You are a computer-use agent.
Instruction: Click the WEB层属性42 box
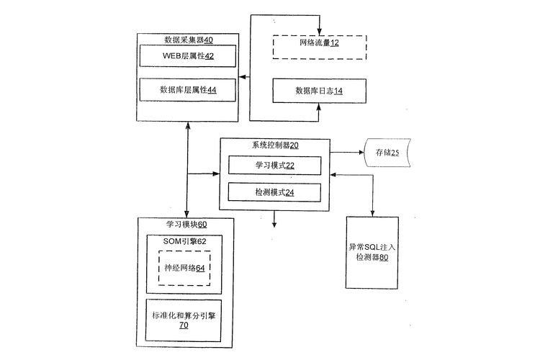pos(187,55)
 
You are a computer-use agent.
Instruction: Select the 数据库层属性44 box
pos(187,90)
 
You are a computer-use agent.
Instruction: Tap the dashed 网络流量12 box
pos(319,44)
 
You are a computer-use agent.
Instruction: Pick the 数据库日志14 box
pos(319,91)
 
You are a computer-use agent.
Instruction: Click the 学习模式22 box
pos(274,166)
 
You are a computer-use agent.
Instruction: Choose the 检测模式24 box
pos(274,192)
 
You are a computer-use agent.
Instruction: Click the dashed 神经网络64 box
pos(184,268)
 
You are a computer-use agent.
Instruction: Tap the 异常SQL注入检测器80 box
pos(372,252)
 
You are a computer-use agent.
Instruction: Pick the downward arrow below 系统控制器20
pos(274,223)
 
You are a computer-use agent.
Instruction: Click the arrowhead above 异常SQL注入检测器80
pos(372,212)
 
